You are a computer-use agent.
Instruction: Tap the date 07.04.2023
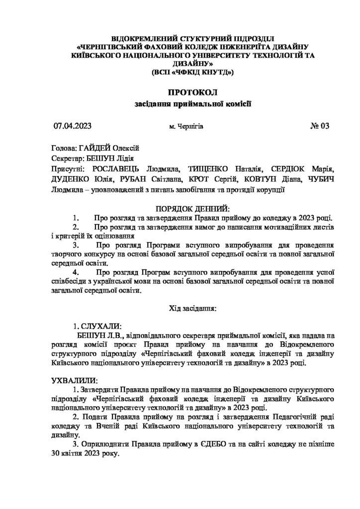tap(73, 126)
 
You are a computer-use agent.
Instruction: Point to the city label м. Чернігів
tap(186, 127)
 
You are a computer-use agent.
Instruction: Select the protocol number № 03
tap(320, 126)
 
